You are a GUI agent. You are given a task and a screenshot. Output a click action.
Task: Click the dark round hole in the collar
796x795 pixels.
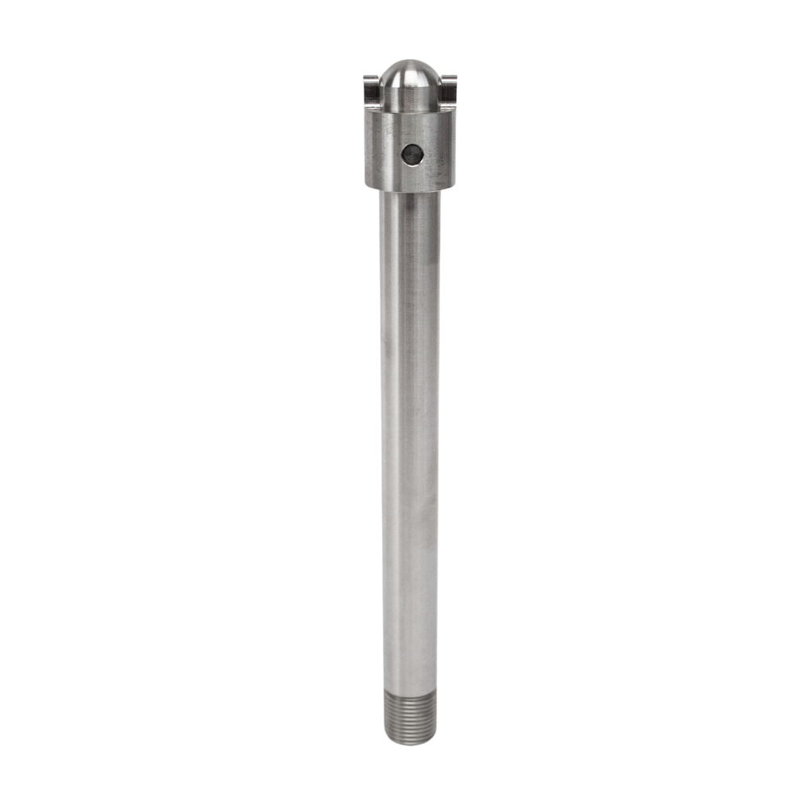click(x=411, y=155)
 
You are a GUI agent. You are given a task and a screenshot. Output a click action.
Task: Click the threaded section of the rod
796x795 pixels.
click(x=409, y=715)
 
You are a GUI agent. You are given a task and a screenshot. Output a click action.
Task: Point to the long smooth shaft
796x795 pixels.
click(x=410, y=438)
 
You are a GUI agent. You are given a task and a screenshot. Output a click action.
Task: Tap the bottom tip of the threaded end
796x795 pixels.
click(x=409, y=742)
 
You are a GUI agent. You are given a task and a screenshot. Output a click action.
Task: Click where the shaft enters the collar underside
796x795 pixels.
click(x=410, y=192)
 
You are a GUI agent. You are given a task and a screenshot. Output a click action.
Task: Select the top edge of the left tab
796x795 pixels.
click(x=371, y=77)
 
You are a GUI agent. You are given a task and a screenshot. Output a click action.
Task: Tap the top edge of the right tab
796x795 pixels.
click(x=450, y=77)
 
